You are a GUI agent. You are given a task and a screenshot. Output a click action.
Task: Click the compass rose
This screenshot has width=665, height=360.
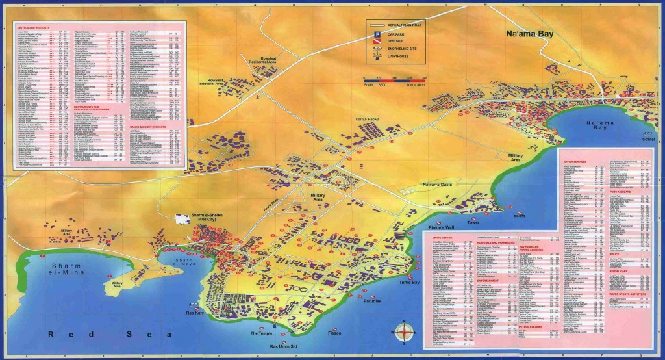point(405,330)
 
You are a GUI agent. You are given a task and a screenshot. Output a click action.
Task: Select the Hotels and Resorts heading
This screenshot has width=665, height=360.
point(32,27)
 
